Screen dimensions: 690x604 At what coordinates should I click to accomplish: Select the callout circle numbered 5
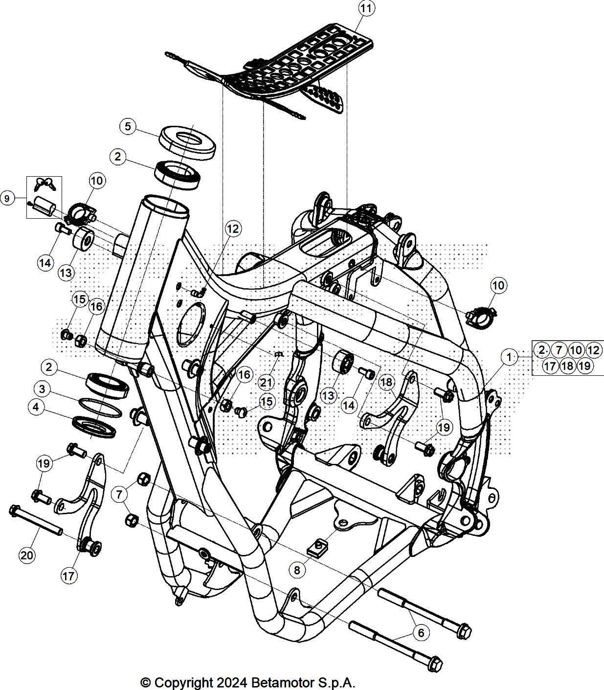(128, 127)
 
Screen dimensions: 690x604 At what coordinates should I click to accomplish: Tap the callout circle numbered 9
(7, 199)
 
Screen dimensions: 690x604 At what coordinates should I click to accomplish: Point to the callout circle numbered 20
(27, 555)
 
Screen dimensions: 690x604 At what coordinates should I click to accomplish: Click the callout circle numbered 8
(297, 570)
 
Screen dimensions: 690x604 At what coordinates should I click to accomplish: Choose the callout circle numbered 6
(421, 633)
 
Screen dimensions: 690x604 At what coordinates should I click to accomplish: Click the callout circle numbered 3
(43, 389)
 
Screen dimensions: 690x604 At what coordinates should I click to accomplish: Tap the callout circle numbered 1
(509, 357)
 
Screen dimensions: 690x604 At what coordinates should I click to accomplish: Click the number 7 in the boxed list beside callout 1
(559, 350)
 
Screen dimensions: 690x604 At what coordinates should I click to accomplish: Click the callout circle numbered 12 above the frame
(234, 229)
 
